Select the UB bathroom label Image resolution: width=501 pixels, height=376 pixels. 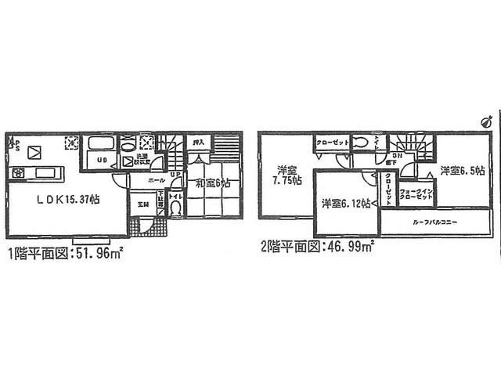102,162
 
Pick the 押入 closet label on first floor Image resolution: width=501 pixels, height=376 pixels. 200,143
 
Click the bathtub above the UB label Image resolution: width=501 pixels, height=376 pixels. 100,145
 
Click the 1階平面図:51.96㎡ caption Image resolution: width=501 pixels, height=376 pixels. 67,252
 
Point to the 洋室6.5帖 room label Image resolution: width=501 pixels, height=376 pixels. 462,170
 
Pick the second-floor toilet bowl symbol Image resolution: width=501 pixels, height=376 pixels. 359,143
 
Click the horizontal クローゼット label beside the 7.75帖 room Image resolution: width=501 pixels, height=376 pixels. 333,143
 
